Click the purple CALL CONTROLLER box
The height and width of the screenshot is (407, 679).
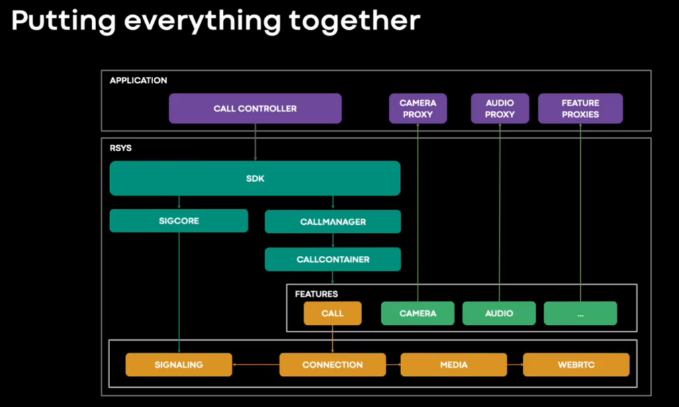point(255,108)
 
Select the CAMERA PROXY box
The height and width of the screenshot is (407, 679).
point(418,108)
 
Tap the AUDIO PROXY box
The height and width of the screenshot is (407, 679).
point(500,108)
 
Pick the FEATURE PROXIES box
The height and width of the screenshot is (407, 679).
point(580,108)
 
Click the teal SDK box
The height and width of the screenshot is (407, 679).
point(255,178)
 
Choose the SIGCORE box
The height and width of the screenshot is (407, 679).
point(179,221)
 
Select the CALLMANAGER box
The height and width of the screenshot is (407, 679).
point(333,221)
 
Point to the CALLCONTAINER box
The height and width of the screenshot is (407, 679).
point(333,259)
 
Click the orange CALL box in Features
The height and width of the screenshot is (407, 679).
point(333,313)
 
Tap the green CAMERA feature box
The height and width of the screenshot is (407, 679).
point(418,313)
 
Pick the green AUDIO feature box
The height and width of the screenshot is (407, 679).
point(499,313)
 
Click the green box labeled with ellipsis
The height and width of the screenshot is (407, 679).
point(580,313)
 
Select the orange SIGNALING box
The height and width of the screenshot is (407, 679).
point(179,365)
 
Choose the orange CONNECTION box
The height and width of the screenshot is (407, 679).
point(333,365)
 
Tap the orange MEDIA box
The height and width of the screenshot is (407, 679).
point(454,365)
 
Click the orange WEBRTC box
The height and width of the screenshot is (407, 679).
point(576,365)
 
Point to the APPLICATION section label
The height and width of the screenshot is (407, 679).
point(138,80)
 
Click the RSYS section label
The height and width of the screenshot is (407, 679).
point(121,148)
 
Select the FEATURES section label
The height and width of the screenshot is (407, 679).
point(316,294)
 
